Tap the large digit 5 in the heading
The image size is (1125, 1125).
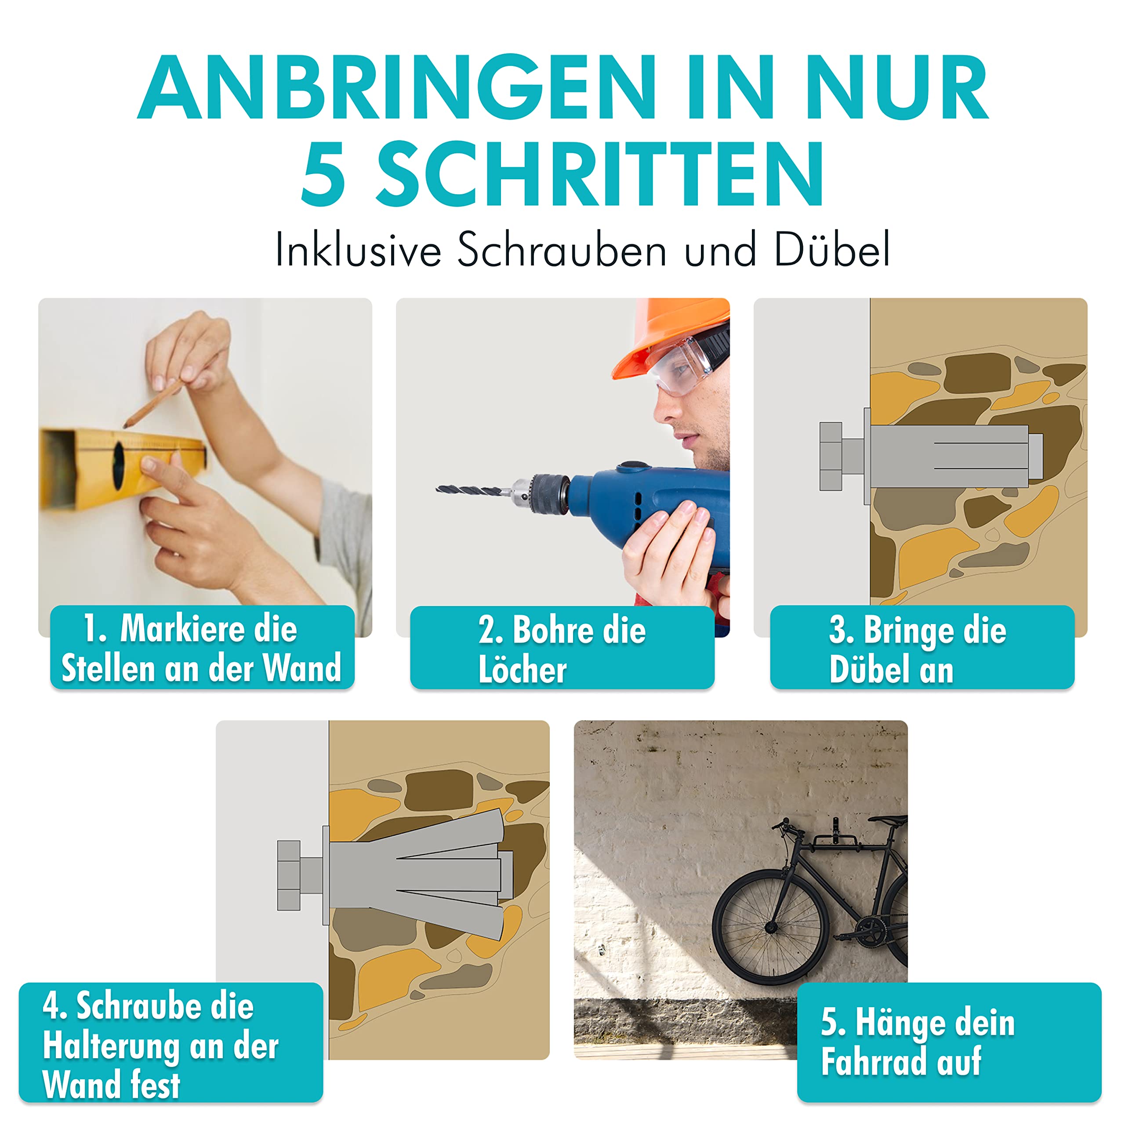[324, 174]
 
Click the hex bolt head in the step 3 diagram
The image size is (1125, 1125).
[831, 456]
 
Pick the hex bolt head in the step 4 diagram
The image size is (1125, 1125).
[288, 875]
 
